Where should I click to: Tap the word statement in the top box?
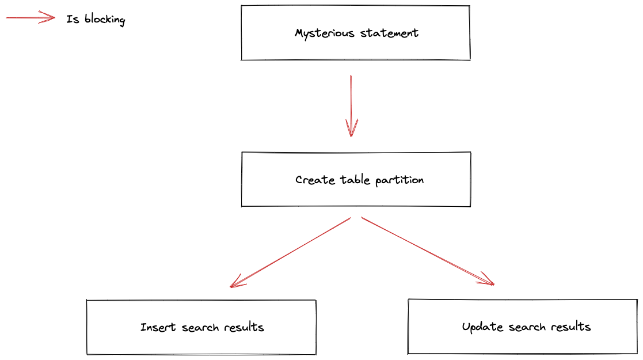coord(389,33)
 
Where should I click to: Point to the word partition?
coord(400,180)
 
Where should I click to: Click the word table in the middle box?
coord(355,180)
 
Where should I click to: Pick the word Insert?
coord(158,328)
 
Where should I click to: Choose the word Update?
coord(482,327)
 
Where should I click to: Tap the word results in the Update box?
coord(570,327)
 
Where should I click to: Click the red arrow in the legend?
coord(31,18)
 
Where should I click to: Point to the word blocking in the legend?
coord(104,20)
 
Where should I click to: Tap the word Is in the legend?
coord(73,19)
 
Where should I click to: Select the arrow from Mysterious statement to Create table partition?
coord(351,104)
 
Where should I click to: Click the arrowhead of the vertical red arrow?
coord(351,130)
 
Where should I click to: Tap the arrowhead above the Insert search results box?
coord(235,282)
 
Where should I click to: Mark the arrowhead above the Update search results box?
coord(488,280)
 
